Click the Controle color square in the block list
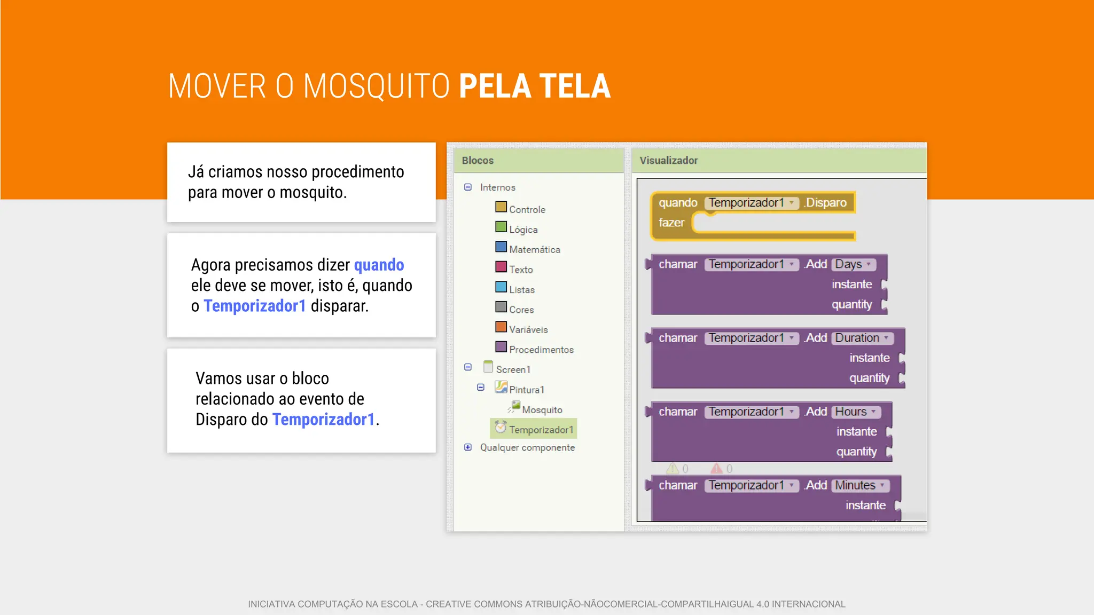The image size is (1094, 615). (x=501, y=207)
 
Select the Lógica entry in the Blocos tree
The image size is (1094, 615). (x=523, y=230)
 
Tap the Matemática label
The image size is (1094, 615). (x=534, y=249)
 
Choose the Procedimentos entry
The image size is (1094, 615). (x=541, y=350)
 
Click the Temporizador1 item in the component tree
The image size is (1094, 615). (x=540, y=430)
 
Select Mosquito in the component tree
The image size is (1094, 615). (x=542, y=410)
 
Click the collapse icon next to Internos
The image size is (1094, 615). (x=468, y=187)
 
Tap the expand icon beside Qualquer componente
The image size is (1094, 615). (x=468, y=447)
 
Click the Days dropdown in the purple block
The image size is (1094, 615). (x=853, y=264)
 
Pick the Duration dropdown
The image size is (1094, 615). (x=862, y=338)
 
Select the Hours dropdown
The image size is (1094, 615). (x=855, y=412)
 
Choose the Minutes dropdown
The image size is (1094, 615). (x=859, y=485)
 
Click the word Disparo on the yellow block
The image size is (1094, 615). (x=826, y=203)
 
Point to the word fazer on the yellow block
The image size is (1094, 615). (x=671, y=223)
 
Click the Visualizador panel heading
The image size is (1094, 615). (x=668, y=161)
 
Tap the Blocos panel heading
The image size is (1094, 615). (x=478, y=161)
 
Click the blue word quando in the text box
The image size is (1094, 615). (x=379, y=265)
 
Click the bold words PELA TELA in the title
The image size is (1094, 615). (x=534, y=86)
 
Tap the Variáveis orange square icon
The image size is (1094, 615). (x=501, y=327)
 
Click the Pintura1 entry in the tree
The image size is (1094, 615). (x=526, y=390)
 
